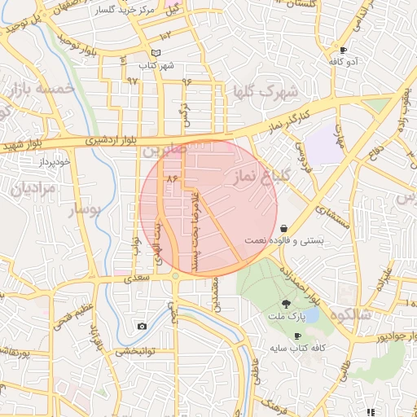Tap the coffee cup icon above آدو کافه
coord(343,50)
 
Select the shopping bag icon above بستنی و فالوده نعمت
coord(283,228)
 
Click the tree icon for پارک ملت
coord(283,302)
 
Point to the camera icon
coord(143,327)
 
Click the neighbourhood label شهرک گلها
coord(265,90)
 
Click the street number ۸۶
coord(171,177)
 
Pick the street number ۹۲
coord(133,81)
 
